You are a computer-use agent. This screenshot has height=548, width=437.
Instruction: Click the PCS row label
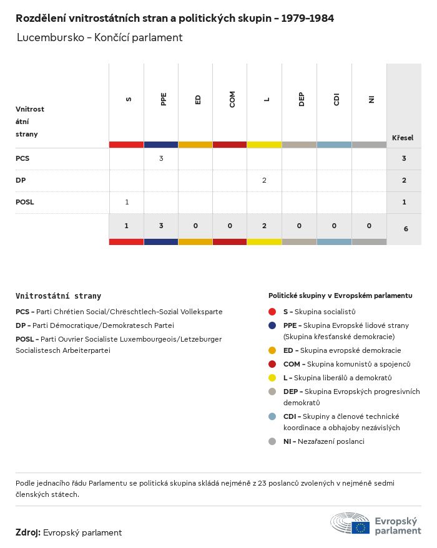(x=22, y=158)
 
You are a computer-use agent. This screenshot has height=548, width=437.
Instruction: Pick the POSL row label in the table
(x=24, y=202)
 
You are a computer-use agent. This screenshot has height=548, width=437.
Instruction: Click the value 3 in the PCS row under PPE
(x=161, y=158)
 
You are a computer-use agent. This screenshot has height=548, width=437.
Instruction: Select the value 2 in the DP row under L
(x=264, y=180)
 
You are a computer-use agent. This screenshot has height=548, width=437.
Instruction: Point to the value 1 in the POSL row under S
(x=127, y=202)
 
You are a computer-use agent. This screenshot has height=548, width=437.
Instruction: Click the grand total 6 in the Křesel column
(x=405, y=229)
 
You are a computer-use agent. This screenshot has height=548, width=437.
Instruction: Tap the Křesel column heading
(x=402, y=137)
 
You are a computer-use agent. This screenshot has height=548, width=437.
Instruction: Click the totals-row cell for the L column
(x=264, y=226)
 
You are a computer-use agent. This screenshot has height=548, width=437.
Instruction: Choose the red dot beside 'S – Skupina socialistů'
(x=272, y=311)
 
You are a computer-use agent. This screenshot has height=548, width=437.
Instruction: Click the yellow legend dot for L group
(x=272, y=378)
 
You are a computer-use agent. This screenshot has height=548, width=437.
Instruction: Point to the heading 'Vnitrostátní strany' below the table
(x=58, y=296)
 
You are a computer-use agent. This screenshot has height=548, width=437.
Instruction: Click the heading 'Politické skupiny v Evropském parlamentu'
(x=340, y=296)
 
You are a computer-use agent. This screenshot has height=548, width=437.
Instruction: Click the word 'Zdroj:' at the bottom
(x=28, y=532)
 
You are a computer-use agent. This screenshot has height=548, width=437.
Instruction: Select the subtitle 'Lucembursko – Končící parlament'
(x=100, y=37)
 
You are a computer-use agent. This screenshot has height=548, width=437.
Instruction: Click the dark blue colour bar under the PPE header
(x=161, y=145)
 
